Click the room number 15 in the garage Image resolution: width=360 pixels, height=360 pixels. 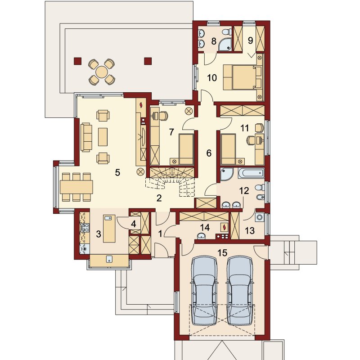click(x=222, y=253)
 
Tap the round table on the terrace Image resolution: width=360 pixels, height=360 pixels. click(x=102, y=72)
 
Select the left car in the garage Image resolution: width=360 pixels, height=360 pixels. click(x=204, y=290)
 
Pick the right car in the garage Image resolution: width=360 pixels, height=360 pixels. click(x=240, y=290)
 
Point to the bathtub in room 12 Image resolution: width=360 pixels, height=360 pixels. click(x=251, y=174)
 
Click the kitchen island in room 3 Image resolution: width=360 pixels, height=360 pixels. click(x=109, y=229)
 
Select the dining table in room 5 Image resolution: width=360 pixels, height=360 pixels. click(x=76, y=187)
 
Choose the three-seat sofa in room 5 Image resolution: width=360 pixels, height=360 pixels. click(x=86, y=137)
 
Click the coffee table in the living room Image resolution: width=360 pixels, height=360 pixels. click(x=103, y=137)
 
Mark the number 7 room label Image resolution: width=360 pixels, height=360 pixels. click(x=171, y=132)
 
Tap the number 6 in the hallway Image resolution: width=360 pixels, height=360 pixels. click(x=209, y=153)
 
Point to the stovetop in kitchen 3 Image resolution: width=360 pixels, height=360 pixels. click(x=85, y=228)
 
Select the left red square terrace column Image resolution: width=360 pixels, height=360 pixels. click(x=77, y=61)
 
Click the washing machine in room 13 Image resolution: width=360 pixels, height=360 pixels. click(x=260, y=217)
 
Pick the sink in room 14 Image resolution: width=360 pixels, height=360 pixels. click(x=201, y=236)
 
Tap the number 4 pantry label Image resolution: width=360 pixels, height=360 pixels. click(x=133, y=224)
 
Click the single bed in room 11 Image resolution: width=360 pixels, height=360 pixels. click(x=228, y=149)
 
